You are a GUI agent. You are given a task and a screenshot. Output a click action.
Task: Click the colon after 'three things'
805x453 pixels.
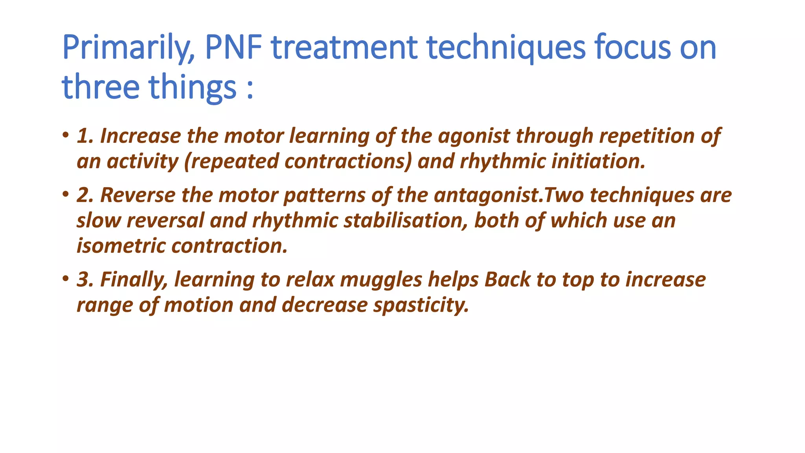point(250,87)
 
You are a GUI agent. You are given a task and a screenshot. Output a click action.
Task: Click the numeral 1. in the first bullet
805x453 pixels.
point(85,136)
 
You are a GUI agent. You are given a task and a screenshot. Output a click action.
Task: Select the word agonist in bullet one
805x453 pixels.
point(474,136)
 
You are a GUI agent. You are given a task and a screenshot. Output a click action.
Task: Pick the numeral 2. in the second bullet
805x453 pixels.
point(85,195)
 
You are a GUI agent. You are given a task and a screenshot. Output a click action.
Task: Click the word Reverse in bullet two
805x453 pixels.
point(138,195)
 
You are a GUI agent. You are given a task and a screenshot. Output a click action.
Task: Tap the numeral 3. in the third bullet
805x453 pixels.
point(85,280)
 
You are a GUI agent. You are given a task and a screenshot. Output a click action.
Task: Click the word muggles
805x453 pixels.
point(381,280)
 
